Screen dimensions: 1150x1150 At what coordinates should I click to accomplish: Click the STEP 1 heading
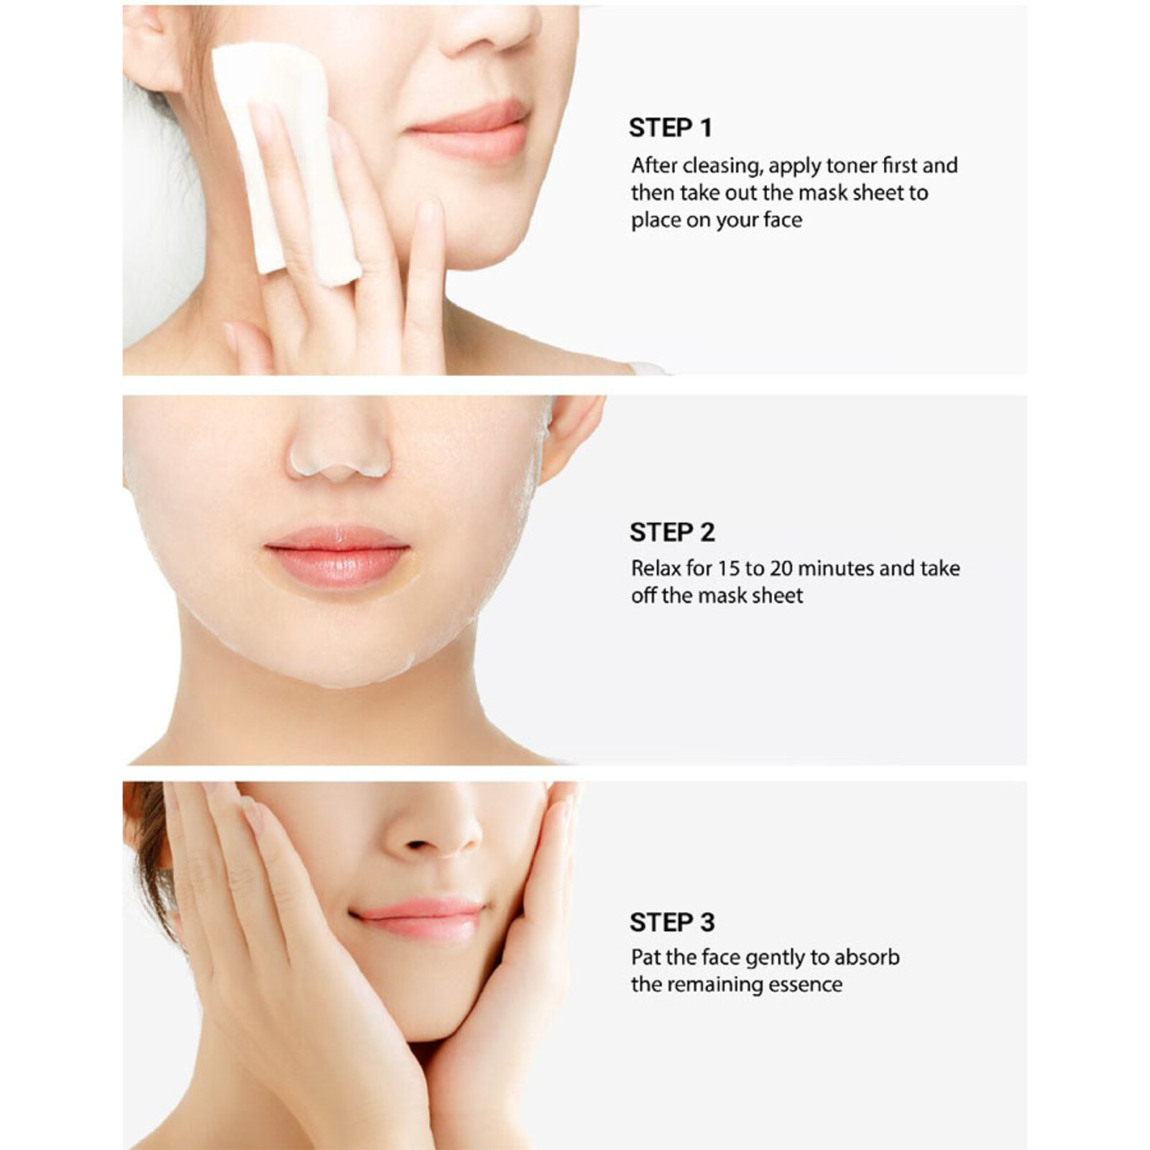click(670, 128)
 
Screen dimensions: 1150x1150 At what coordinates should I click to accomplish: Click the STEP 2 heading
click(672, 533)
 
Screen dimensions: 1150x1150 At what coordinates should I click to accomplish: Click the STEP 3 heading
click(672, 922)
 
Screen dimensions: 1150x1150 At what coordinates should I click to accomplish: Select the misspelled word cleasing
click(721, 166)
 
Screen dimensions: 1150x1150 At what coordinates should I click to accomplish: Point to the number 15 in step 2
click(728, 569)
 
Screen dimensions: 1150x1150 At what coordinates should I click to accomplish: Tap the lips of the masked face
click(338, 556)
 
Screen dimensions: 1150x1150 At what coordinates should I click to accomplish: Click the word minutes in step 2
click(834, 569)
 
